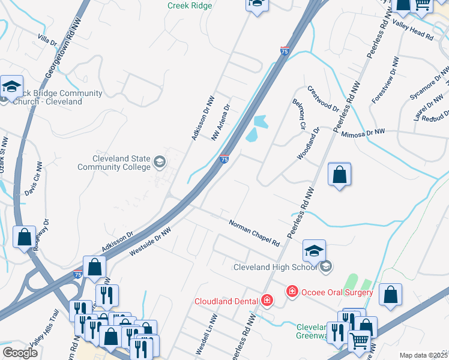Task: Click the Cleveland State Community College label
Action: point(114,163)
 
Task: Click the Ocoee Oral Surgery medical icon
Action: point(292,292)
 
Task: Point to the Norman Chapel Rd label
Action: point(255,233)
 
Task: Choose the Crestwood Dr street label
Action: point(324,97)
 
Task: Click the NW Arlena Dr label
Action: point(221,122)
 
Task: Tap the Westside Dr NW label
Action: point(150,242)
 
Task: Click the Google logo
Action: point(20,352)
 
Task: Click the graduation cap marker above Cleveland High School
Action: point(314,251)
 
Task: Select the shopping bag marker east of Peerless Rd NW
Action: point(340,175)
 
